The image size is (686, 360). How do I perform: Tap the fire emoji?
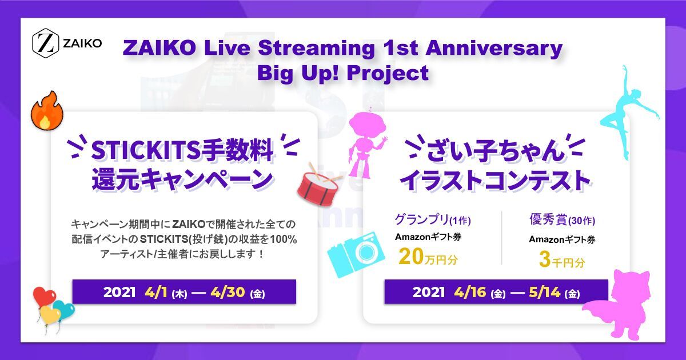44,110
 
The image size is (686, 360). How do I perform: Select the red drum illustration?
319,183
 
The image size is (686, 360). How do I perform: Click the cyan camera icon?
354,253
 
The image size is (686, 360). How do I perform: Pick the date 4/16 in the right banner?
470,293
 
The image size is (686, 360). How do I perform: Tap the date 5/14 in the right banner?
540,293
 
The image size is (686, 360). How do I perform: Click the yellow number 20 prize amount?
412,258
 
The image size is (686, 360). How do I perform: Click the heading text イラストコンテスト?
495,179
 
